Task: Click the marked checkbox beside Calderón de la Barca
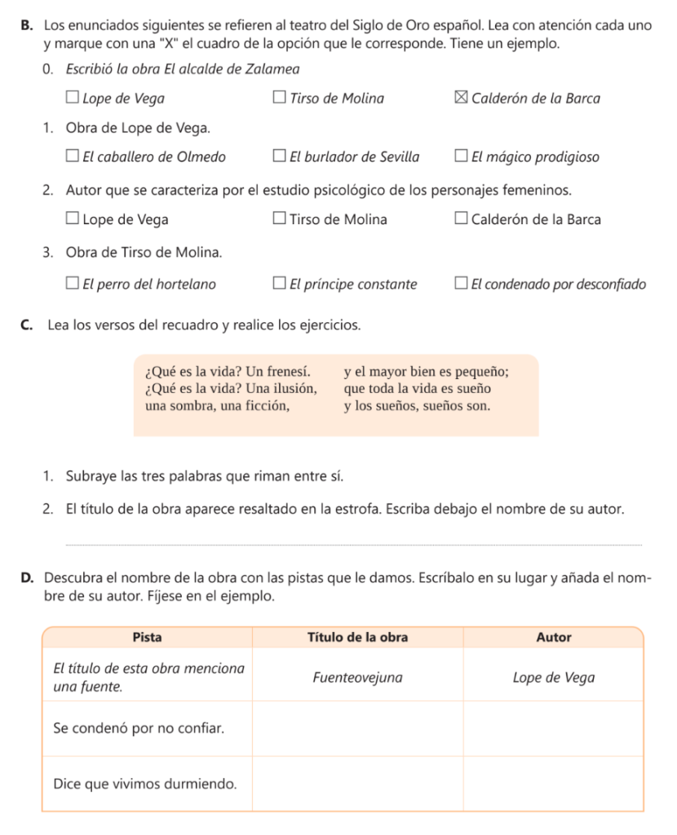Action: point(461,99)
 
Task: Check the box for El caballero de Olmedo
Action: point(73,157)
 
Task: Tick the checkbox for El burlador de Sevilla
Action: point(280,157)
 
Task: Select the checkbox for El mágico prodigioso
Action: point(462,157)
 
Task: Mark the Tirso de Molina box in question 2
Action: point(280,219)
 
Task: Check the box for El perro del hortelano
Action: point(73,285)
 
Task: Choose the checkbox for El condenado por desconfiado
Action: point(462,285)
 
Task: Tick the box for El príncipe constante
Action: point(280,285)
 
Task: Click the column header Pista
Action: point(147,637)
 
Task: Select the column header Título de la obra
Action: point(357,637)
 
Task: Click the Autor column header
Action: point(554,637)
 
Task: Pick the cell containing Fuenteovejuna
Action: point(357,678)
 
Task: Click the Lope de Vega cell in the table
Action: point(554,678)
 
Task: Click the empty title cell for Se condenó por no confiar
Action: point(357,727)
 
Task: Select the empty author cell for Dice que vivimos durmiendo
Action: point(554,784)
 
